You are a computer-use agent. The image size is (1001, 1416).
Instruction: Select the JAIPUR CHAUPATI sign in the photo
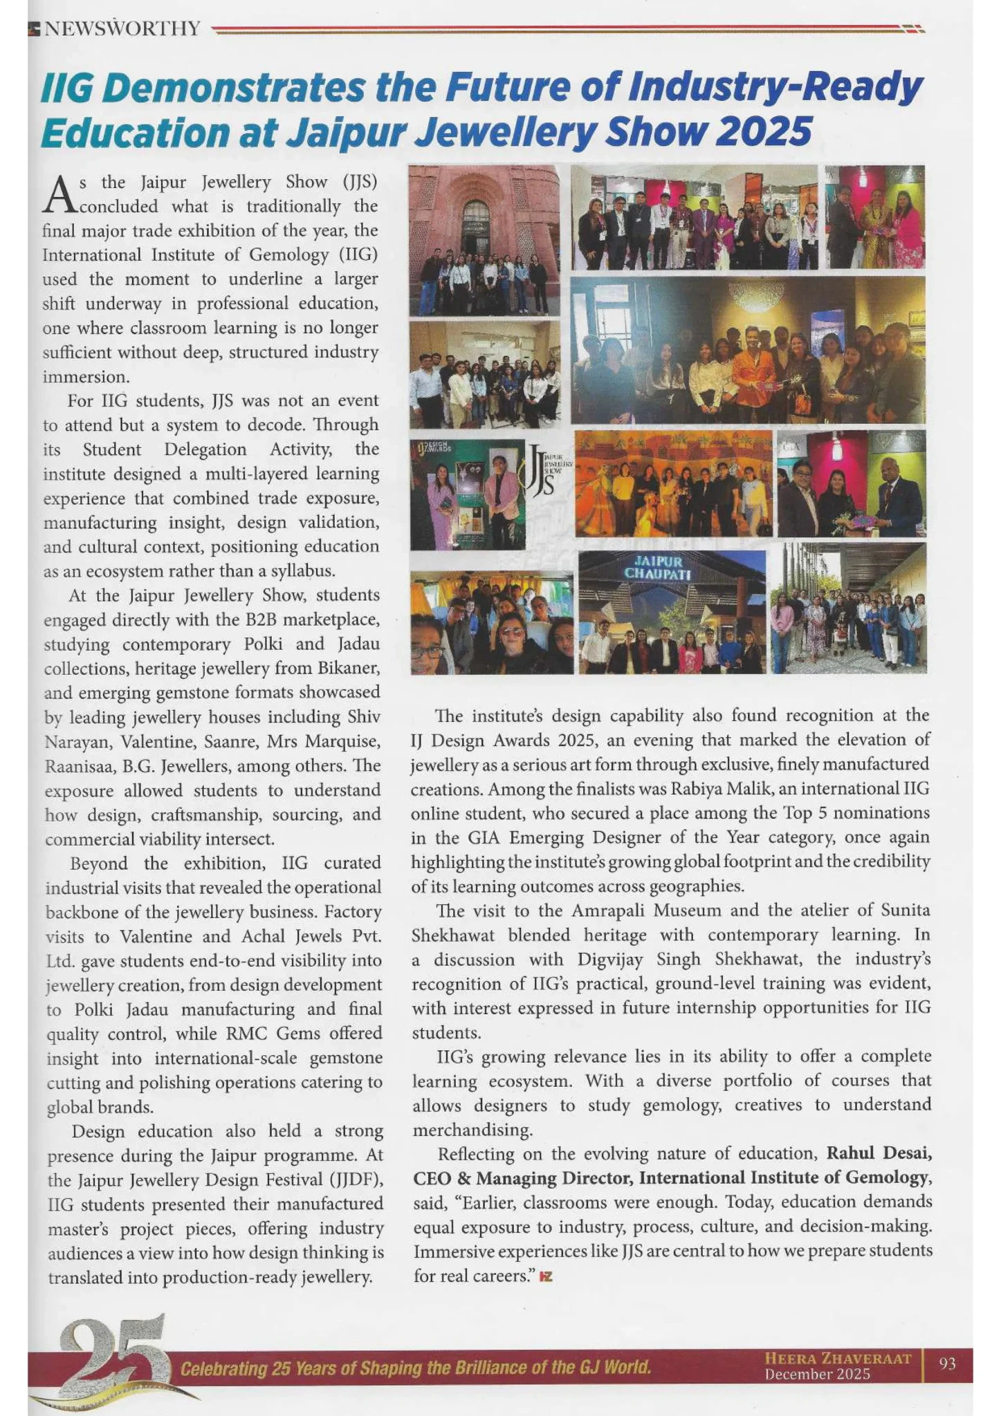[659, 567]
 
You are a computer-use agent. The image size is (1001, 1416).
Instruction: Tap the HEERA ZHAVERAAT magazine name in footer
[837, 1358]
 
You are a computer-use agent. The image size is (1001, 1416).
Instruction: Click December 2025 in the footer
[817, 1374]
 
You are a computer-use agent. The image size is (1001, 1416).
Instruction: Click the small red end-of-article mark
[546, 1276]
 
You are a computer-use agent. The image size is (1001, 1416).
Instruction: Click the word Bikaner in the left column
[349, 669]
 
